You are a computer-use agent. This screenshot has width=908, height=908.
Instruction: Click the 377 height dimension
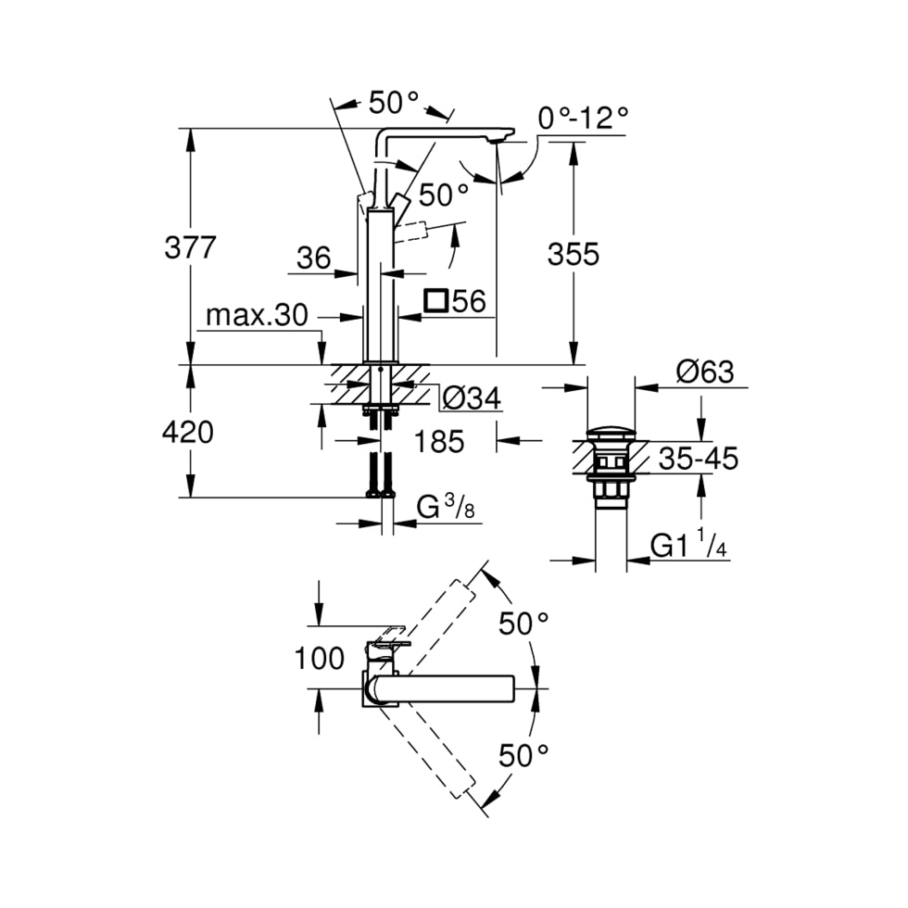pos(190,248)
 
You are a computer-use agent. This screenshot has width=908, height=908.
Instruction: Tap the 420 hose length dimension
pos(188,432)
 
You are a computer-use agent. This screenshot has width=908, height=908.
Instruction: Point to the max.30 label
pos(257,316)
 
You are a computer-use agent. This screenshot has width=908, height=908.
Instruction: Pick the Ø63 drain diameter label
pos(705,372)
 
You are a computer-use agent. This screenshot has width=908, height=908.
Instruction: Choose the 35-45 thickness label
pos(699,458)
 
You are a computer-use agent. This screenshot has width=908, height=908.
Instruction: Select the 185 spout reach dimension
pos(439,442)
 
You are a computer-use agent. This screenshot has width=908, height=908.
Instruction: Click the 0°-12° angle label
pos(584,118)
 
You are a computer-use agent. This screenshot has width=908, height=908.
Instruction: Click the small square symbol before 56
pos(435,301)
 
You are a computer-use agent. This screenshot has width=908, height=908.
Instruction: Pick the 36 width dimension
pos(314,259)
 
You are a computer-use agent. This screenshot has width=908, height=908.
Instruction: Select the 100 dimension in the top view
pos(319,659)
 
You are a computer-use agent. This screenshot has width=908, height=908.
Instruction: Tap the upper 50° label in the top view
pos(524,624)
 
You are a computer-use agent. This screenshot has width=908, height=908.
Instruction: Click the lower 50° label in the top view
pos(524,756)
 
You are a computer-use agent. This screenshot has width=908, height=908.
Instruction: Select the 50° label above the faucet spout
pos(394,102)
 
